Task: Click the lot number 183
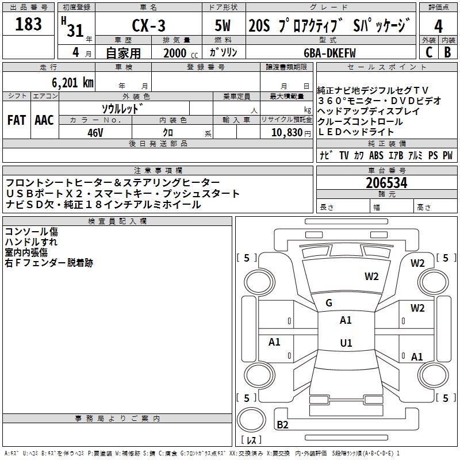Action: (29, 24)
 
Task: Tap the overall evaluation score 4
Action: (439, 26)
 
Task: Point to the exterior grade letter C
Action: (428, 52)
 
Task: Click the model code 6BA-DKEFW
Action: (329, 53)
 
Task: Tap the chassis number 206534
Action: (386, 183)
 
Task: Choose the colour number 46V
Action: (95, 132)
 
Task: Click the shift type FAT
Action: (17, 120)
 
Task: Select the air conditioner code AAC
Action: (44, 120)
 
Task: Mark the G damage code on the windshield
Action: (329, 303)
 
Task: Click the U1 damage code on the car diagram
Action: (346, 343)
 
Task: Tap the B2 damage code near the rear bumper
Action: (282, 425)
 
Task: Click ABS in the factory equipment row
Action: (376, 155)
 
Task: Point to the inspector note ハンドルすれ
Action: (31, 242)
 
